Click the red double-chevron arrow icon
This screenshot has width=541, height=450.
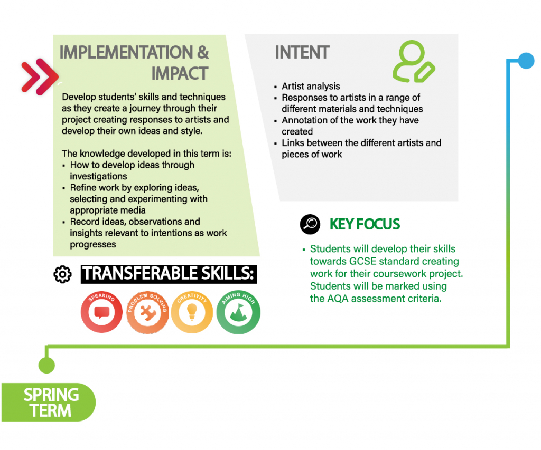(40, 76)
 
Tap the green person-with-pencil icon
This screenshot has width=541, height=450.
(414, 61)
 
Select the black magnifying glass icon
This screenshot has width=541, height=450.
(310, 224)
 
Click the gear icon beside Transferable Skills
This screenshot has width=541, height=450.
(62, 274)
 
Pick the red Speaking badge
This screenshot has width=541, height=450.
(101, 312)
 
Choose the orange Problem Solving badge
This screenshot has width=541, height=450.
(147, 312)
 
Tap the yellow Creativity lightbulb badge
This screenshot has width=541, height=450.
(192, 312)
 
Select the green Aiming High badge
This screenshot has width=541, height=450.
(238, 312)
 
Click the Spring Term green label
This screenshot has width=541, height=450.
(49, 402)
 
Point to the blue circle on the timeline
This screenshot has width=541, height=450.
(526, 61)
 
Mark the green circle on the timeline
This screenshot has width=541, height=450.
(46, 365)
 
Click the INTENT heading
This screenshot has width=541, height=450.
(302, 52)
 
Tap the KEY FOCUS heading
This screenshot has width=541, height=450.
(365, 224)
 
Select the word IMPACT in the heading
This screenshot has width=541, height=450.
(180, 73)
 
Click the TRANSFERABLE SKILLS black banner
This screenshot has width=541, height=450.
(169, 274)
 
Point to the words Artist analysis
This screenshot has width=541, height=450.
(311, 86)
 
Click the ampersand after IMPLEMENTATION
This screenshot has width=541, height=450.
(203, 52)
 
